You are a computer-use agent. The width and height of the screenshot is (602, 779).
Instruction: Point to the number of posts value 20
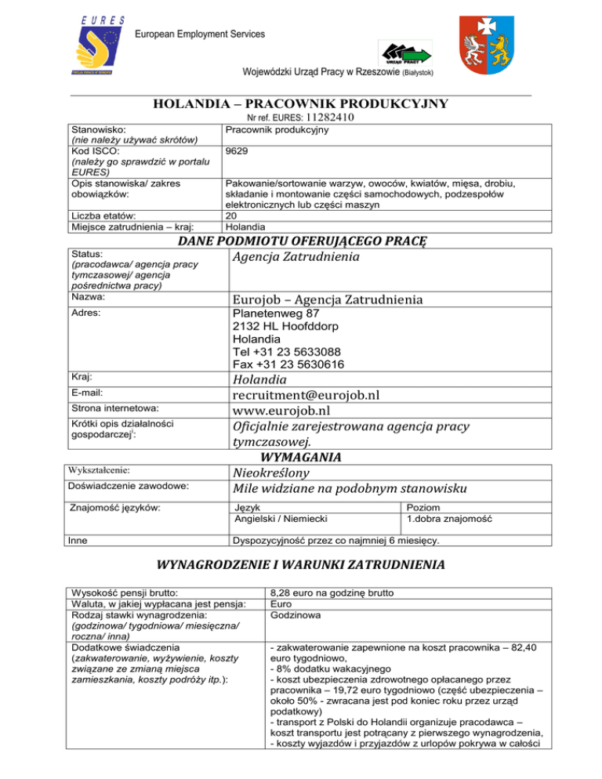230,216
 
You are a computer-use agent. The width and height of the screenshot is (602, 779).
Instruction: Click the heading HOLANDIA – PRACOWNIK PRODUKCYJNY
300,103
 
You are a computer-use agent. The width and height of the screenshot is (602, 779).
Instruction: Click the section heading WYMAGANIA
300,458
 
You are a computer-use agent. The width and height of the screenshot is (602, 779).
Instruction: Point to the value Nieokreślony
270,473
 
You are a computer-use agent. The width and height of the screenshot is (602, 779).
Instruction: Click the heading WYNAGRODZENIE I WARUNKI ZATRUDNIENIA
300,564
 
